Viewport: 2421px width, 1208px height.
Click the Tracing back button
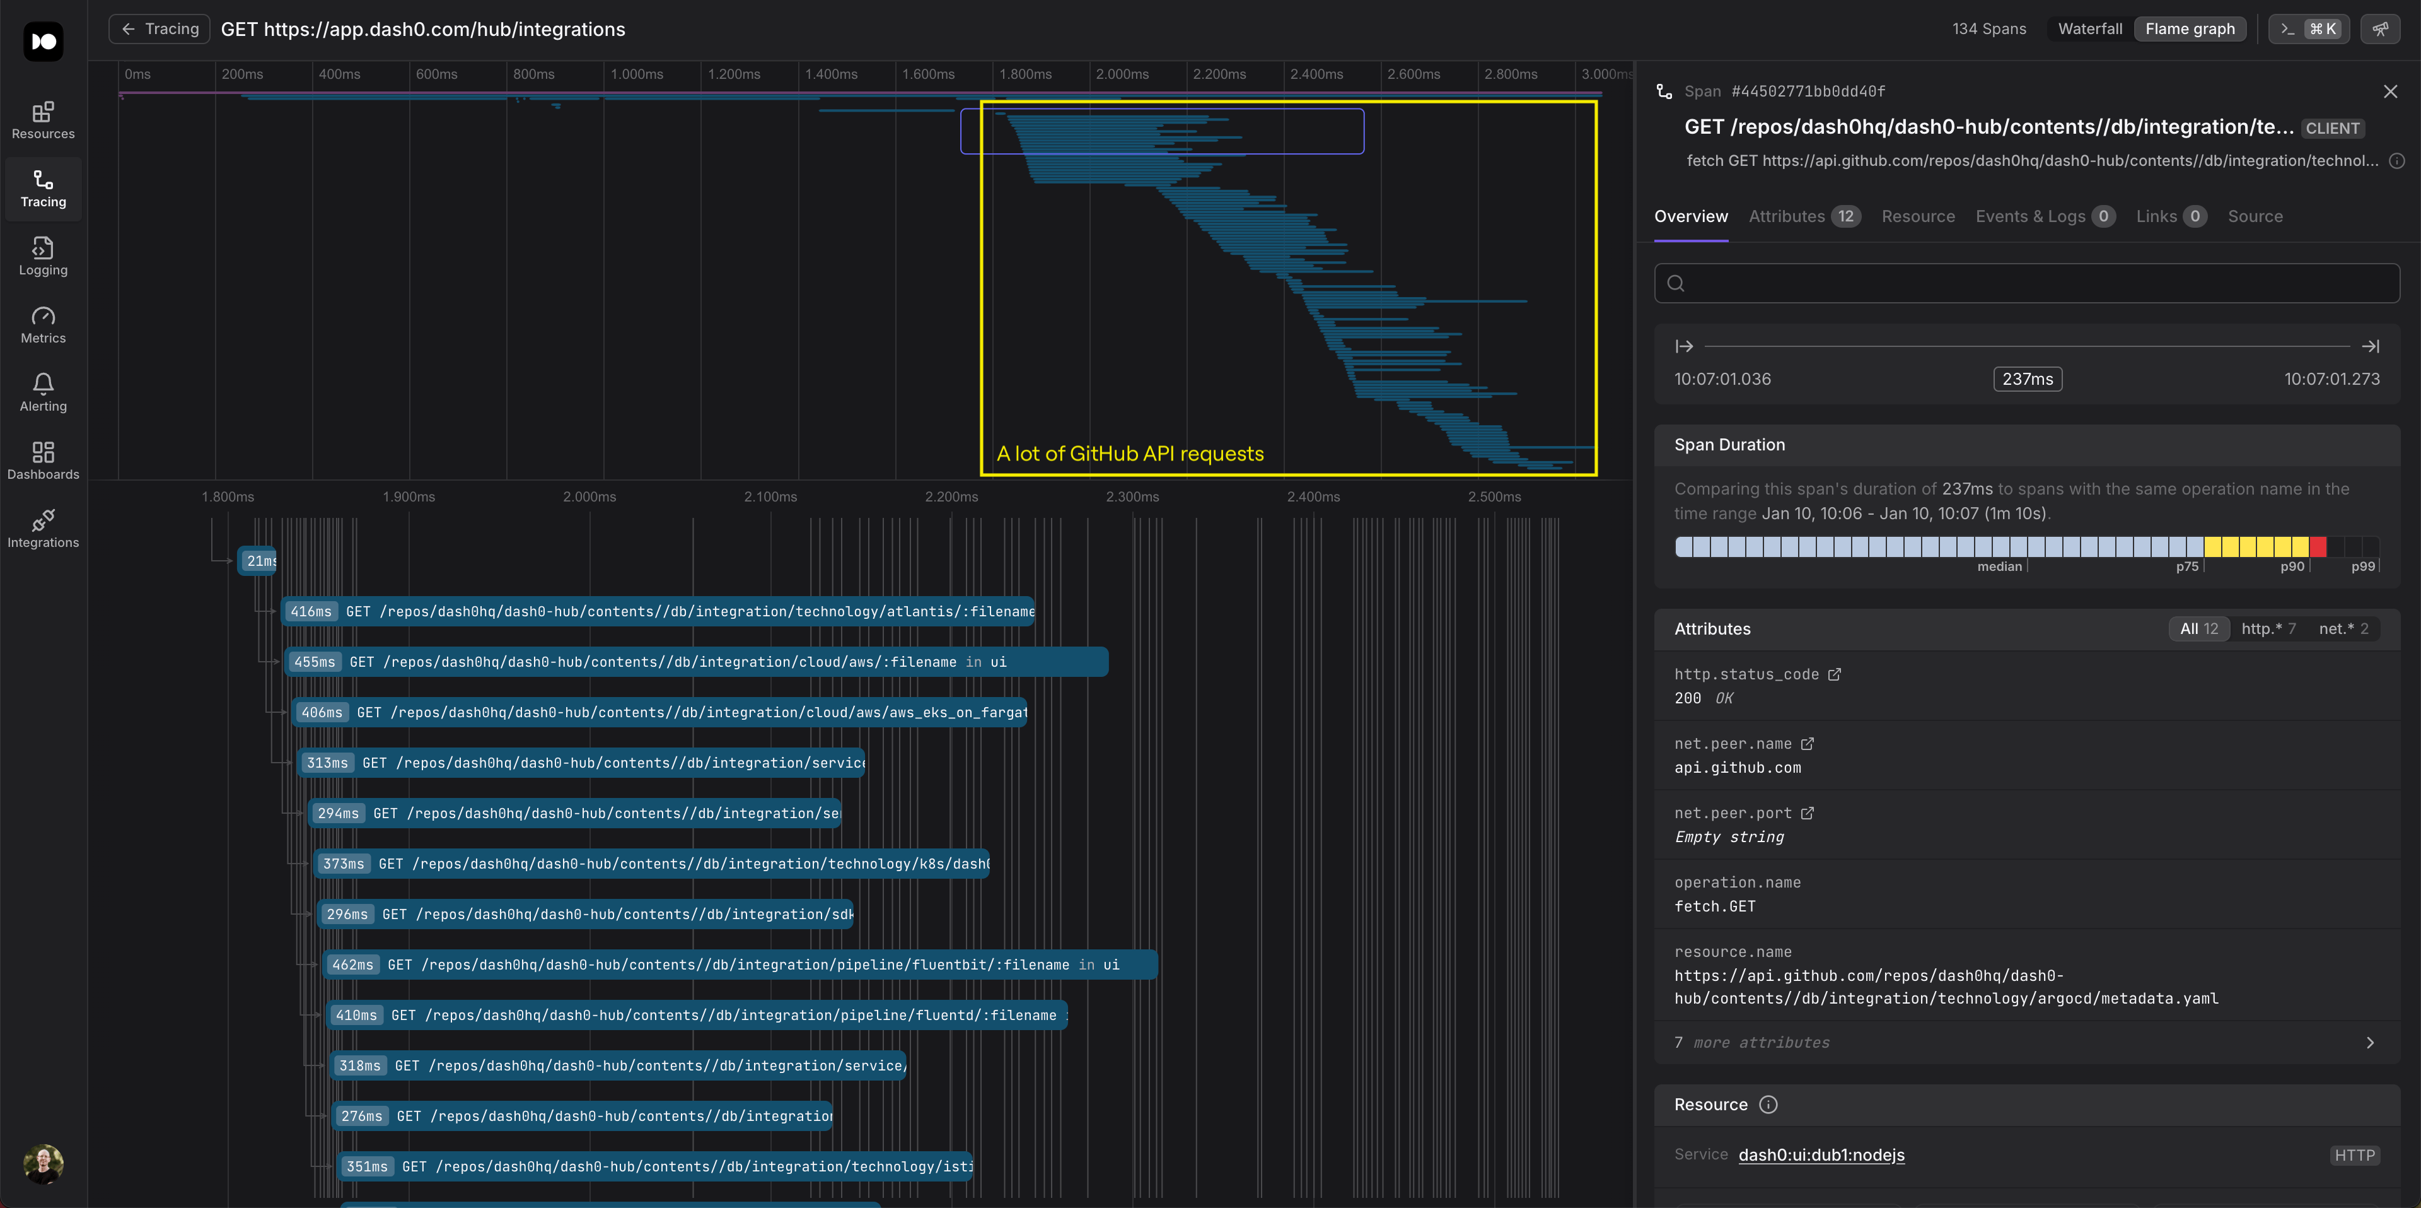(x=159, y=29)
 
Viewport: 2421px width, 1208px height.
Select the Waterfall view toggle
(x=2089, y=29)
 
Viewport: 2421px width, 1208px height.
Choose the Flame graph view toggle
(x=2190, y=29)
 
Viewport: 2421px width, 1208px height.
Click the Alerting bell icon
(x=44, y=384)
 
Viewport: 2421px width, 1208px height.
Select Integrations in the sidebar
(x=44, y=529)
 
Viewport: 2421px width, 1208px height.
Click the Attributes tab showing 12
(x=1804, y=216)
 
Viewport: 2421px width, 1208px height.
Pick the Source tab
(x=2255, y=216)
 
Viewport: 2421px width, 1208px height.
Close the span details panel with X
(x=2390, y=91)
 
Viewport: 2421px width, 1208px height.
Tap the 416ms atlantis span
(x=657, y=611)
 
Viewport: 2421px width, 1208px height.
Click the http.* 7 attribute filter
(x=2268, y=629)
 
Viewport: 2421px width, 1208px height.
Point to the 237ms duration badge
(x=2027, y=379)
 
